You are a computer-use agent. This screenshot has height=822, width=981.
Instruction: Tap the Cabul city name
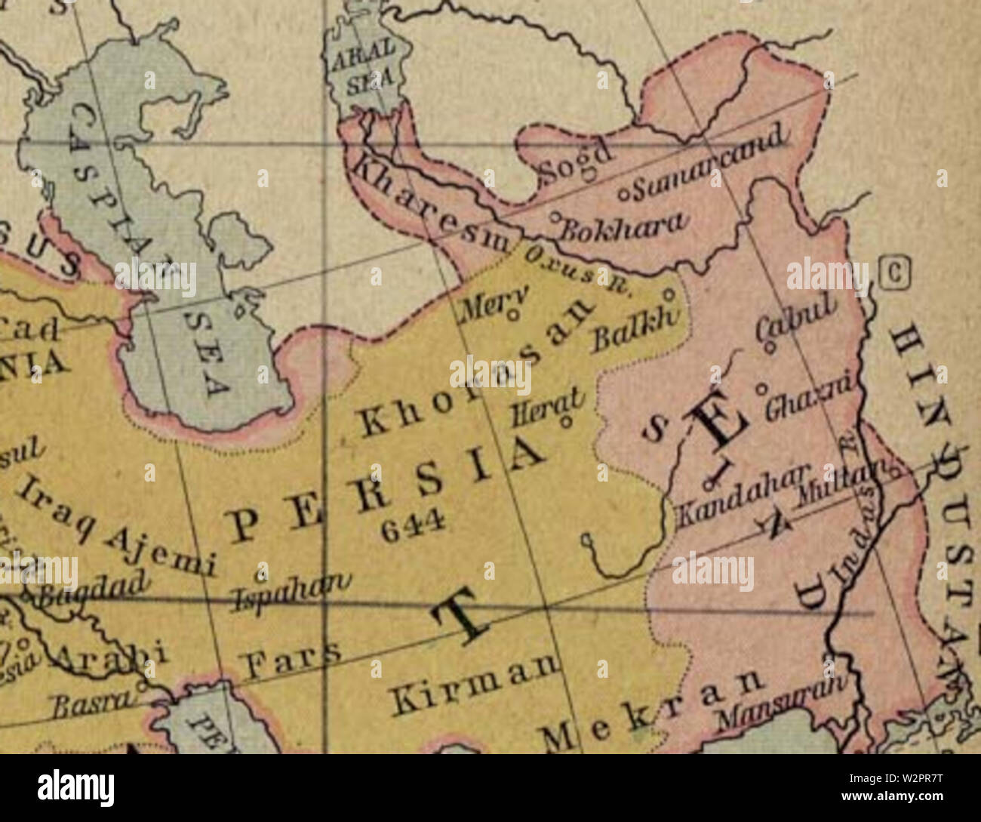797,321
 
